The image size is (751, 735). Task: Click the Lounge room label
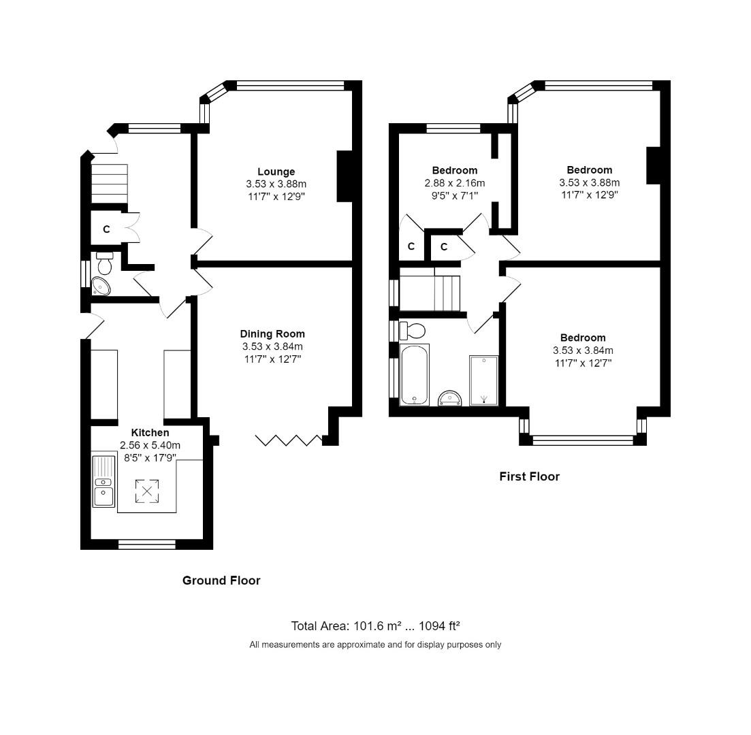pyautogui.click(x=276, y=171)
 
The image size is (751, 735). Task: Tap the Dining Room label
pyautogui.click(x=272, y=334)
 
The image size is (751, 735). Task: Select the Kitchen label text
pyautogui.click(x=150, y=433)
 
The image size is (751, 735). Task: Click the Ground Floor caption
pyautogui.click(x=221, y=581)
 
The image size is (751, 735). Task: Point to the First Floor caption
pyautogui.click(x=529, y=476)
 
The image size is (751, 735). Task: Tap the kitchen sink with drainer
pyautogui.click(x=103, y=481)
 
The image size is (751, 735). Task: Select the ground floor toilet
pyautogui.click(x=104, y=261)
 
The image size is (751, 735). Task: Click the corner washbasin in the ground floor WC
pyautogui.click(x=101, y=287)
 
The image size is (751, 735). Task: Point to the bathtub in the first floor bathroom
pyautogui.click(x=414, y=375)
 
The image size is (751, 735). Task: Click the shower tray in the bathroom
pyautogui.click(x=483, y=380)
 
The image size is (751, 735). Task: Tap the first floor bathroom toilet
pyautogui.click(x=412, y=331)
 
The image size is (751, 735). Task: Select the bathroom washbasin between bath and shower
pyautogui.click(x=449, y=397)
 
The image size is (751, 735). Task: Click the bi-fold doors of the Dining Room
pyautogui.click(x=289, y=440)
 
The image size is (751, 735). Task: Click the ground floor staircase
pyautogui.click(x=109, y=183)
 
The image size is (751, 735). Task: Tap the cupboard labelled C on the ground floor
pyautogui.click(x=106, y=229)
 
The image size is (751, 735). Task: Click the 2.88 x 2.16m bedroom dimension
pyautogui.click(x=454, y=183)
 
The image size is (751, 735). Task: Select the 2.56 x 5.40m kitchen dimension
pyautogui.click(x=150, y=445)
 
